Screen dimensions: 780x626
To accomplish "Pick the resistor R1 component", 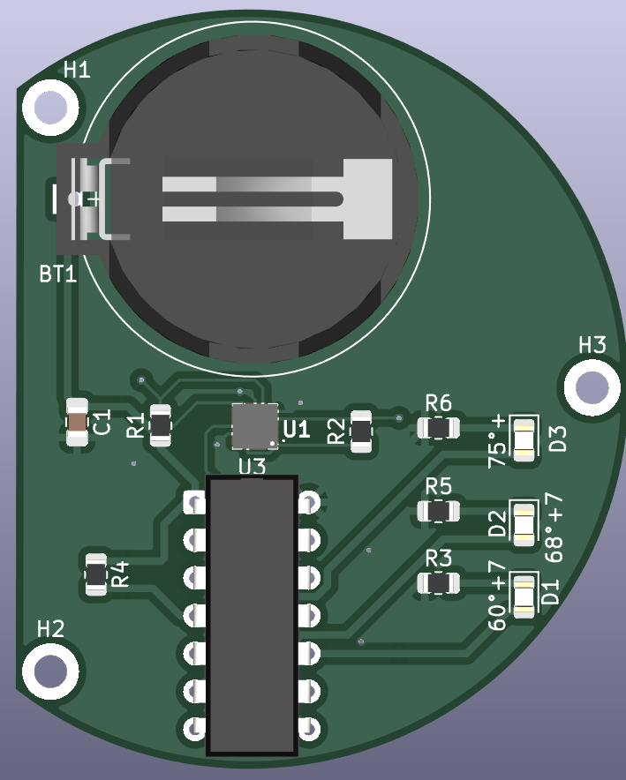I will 161,426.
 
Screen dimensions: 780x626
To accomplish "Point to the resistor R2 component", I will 361,431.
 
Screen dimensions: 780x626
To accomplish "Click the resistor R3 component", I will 439,582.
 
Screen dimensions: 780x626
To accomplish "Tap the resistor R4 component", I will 94,575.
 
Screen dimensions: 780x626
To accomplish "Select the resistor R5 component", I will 439,511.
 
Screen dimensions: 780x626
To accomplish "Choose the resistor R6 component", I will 439,428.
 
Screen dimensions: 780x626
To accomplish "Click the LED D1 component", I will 524,595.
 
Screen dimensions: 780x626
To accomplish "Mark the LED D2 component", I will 524,523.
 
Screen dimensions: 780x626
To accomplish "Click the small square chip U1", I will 255,425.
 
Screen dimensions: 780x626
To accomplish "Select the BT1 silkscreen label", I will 57,274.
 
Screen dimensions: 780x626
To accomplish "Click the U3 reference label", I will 252,465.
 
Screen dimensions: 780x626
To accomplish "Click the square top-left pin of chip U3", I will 193,502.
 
